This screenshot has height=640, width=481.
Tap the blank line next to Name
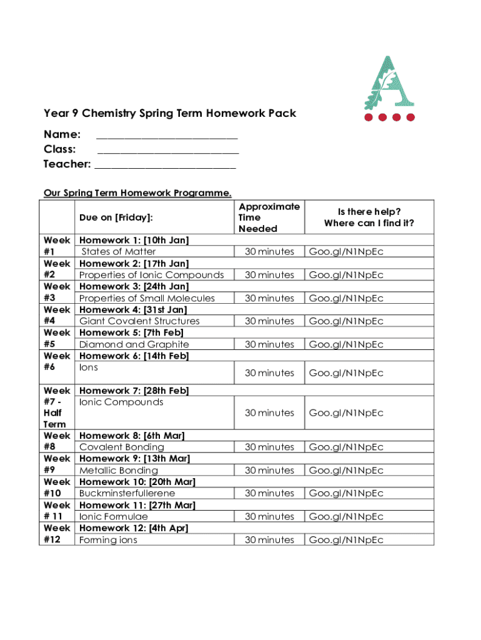click(x=167, y=136)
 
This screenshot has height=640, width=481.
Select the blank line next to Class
click(x=168, y=151)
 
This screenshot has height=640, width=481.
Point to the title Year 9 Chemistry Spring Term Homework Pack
click(x=170, y=114)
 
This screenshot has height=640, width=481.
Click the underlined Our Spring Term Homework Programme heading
click(x=137, y=192)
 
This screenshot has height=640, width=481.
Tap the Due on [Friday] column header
click(x=116, y=217)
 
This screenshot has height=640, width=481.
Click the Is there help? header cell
click(x=369, y=217)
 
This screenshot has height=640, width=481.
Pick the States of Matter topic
click(x=119, y=252)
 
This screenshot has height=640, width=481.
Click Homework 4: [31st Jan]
click(x=133, y=309)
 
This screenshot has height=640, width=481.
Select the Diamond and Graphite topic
click(x=134, y=344)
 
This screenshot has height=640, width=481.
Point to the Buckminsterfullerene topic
click(x=127, y=493)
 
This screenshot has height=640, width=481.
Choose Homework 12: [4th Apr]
click(x=134, y=528)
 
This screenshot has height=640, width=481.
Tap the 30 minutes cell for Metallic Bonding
click(x=269, y=470)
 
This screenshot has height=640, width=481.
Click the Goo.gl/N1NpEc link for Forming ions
click(x=346, y=540)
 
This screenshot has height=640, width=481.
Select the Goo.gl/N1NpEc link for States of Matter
click(x=346, y=252)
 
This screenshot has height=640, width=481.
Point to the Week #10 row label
click(x=57, y=487)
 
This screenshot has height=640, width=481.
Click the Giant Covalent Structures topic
click(x=139, y=321)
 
